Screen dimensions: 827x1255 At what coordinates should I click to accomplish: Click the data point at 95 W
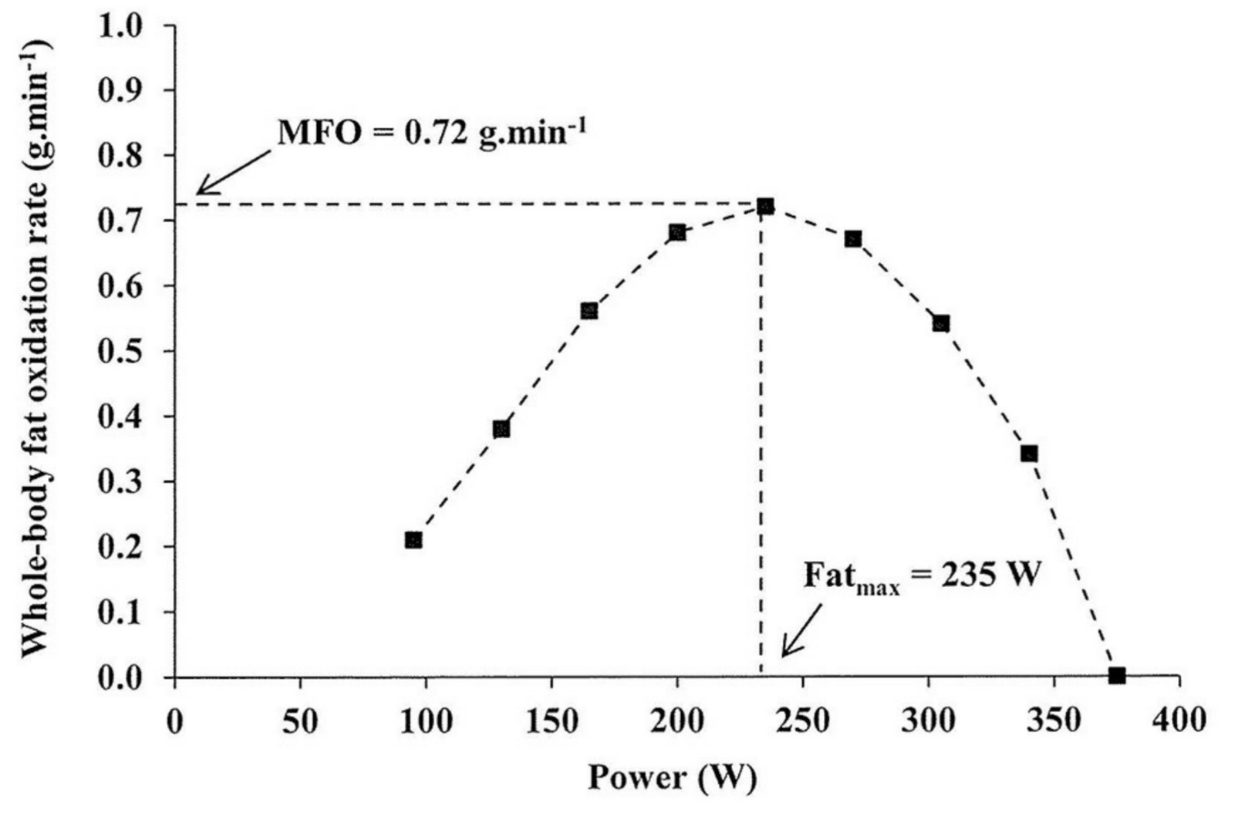point(413,540)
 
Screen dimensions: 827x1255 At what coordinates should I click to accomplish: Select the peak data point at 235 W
point(765,207)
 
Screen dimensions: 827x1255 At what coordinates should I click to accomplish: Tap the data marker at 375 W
point(1117,676)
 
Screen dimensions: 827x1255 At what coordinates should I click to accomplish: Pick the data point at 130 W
point(501,429)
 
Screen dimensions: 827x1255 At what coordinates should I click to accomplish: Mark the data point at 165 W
point(589,311)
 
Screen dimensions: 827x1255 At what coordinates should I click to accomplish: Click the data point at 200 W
point(677,232)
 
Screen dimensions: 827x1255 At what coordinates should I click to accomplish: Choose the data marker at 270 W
point(853,239)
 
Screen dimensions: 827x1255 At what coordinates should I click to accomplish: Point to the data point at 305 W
point(941,323)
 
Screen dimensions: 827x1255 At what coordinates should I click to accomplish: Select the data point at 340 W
point(1029,454)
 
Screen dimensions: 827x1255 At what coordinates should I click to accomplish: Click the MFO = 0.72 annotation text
point(432,133)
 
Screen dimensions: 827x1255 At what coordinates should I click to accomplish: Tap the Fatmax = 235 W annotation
point(922,576)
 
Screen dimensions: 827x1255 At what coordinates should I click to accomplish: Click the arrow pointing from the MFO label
point(233,172)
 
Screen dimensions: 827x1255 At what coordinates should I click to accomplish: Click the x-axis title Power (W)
point(672,778)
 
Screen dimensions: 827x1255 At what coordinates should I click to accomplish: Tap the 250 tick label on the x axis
point(803,721)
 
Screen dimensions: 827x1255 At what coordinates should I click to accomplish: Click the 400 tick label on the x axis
point(1179,720)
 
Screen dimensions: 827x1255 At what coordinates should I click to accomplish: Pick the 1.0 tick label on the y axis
point(120,26)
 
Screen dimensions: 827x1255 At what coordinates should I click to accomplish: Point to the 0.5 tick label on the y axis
point(120,352)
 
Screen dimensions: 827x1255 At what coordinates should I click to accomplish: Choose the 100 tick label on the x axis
point(426,721)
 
